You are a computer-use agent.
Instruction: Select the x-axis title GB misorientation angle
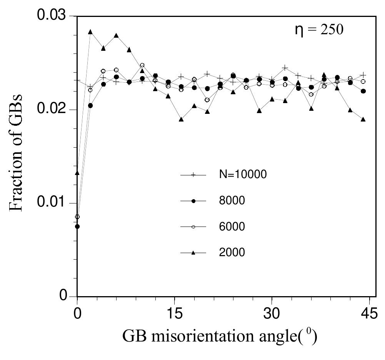(x=220, y=337)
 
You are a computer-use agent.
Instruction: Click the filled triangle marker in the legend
(x=193, y=253)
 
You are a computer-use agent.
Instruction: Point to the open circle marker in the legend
(x=193, y=227)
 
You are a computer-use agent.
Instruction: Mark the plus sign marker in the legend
(x=193, y=175)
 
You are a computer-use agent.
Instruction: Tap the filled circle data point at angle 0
(x=77, y=227)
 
